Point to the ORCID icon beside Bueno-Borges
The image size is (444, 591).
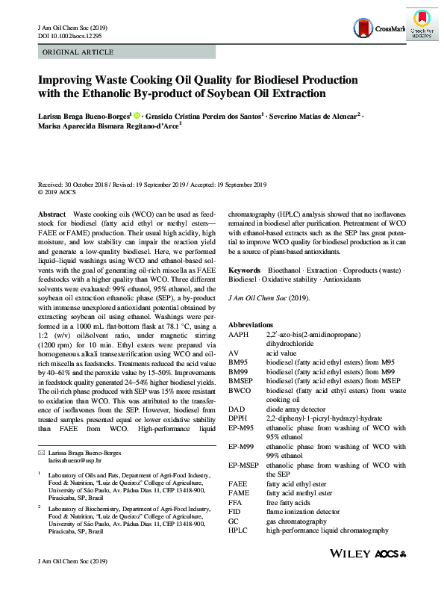pyautogui.click(x=137, y=115)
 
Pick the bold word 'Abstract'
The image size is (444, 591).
pyautogui.click(x=53, y=214)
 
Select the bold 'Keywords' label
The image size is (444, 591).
pyautogui.click(x=244, y=269)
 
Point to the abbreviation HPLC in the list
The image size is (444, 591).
pyautogui.click(x=240, y=530)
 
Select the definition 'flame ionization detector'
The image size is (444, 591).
pyautogui.click(x=307, y=512)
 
